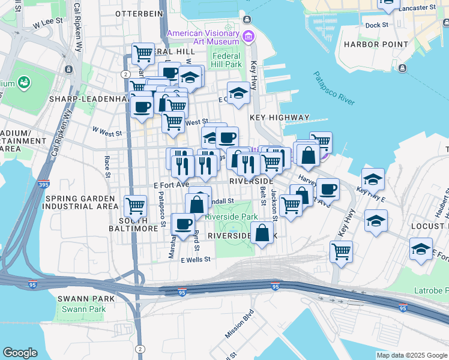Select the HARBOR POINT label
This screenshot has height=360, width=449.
[x=371, y=44]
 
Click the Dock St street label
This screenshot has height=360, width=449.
[x=377, y=25]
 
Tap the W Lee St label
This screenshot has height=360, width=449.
[x=49, y=24]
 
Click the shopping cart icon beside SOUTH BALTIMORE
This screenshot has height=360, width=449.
[x=135, y=206]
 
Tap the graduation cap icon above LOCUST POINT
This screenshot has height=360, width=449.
[x=376, y=221]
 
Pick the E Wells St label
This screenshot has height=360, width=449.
[x=191, y=259]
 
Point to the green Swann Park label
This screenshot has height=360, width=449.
[x=83, y=309]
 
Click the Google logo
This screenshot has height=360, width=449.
[x=20, y=353]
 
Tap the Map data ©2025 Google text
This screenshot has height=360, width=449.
[x=411, y=355]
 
